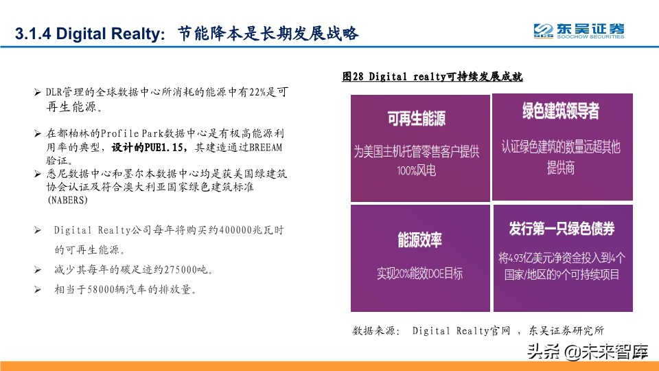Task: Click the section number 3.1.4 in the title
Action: (x=34, y=34)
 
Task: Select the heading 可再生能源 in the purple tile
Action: (x=416, y=119)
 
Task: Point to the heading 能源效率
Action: (x=419, y=240)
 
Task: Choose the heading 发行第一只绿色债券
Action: (x=562, y=227)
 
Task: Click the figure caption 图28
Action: (x=353, y=77)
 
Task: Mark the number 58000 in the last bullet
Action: (x=104, y=289)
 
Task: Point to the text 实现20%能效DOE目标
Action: (x=419, y=273)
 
